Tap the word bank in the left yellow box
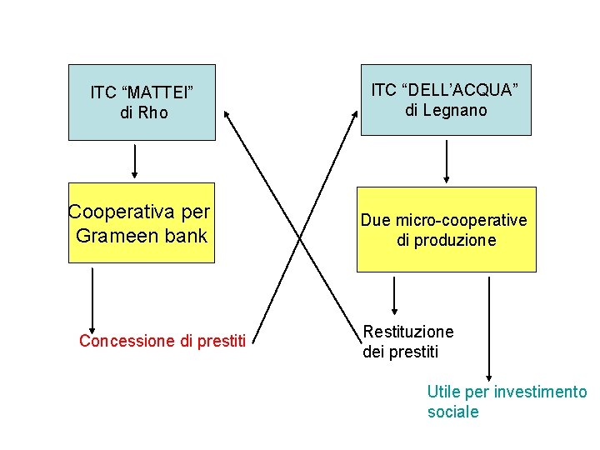pyautogui.click(x=186, y=236)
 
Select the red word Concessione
pyautogui.click(x=127, y=341)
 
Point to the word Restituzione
pyautogui.click(x=409, y=332)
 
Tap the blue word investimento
pyautogui.click(x=540, y=392)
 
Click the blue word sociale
pyautogui.click(x=452, y=412)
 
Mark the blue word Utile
pyautogui.click(x=442, y=392)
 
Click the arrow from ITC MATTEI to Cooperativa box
pyautogui.click(x=134, y=158)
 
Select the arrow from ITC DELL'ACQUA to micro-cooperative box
pyautogui.click(x=447, y=161)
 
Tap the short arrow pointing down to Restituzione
pyautogui.click(x=393, y=296)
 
